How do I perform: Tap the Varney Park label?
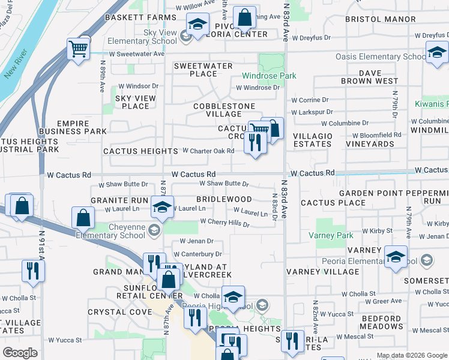tap(335, 236)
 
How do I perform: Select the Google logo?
tap(20, 353)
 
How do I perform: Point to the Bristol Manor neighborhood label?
tap(380, 19)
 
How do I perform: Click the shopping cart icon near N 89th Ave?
tap(79, 49)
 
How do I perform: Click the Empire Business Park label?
tap(73, 127)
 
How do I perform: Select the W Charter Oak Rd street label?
tap(208, 151)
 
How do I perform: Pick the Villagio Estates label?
tap(313, 140)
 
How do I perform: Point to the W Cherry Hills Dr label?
tap(224, 222)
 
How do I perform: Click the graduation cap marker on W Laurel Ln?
tap(161, 207)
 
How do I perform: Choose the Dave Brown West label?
tap(369, 77)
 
